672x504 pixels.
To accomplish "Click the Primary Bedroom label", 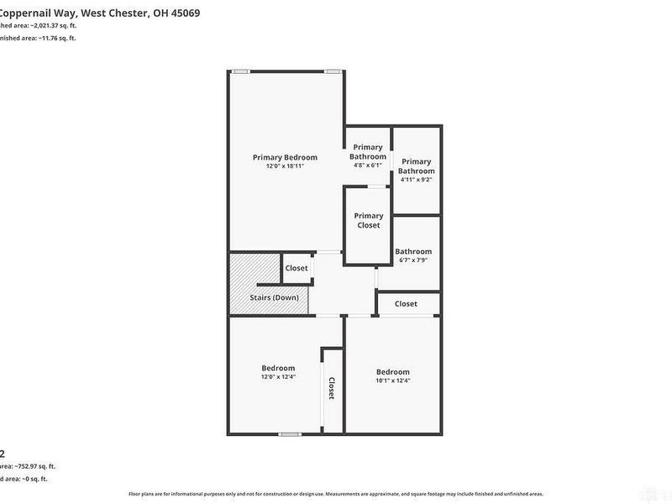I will tap(285, 157).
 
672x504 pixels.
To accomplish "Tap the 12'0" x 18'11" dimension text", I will tap(285, 166).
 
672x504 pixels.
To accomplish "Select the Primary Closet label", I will tap(368, 220).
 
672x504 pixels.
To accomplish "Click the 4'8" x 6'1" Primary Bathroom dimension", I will tap(367, 165).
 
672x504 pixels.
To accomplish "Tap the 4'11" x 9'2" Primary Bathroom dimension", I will tap(416, 179).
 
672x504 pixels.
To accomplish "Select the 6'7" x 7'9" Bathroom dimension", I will tap(412, 260).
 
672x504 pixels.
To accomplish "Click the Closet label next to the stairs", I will tap(296, 268).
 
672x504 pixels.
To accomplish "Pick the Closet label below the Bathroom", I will tap(406, 303).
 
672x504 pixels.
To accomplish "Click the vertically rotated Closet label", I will tap(332, 388).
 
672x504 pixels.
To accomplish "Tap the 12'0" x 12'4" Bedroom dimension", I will tap(278, 377).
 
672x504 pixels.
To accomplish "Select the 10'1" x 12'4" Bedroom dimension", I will tap(392, 381).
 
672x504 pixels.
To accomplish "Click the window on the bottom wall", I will tap(290, 434).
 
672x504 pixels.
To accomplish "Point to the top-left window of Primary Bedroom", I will tap(241, 71).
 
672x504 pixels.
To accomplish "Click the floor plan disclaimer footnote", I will tap(336, 494).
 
